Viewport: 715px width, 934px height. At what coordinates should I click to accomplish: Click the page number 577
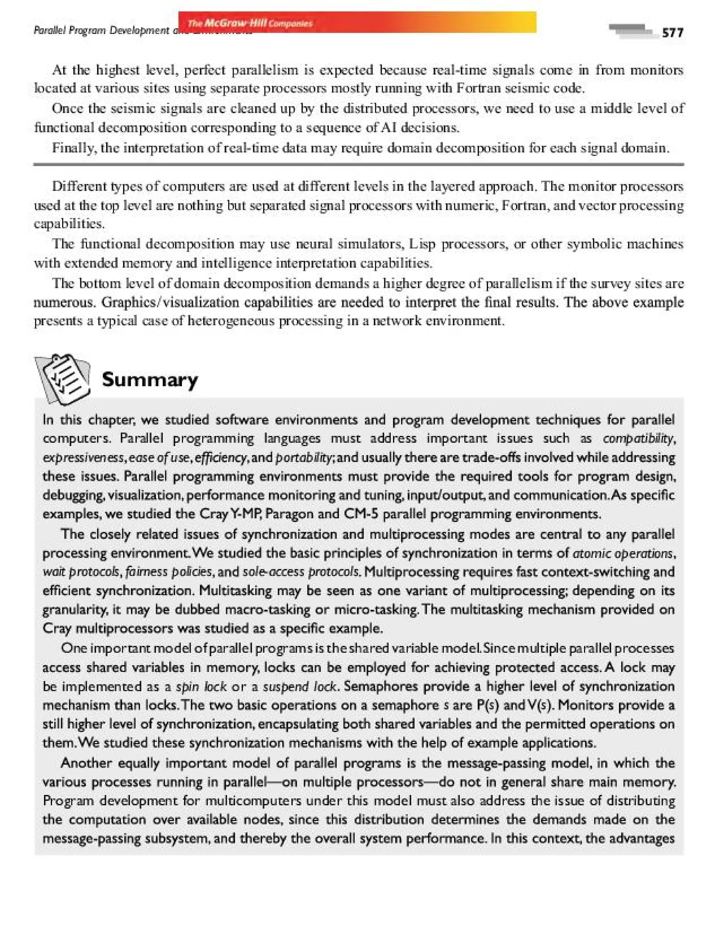tap(672, 33)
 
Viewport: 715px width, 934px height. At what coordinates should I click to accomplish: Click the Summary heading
tap(150, 379)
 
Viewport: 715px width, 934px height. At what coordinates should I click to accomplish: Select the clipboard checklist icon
tap(62, 379)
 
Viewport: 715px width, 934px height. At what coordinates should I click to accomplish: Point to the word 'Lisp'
tap(421, 244)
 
